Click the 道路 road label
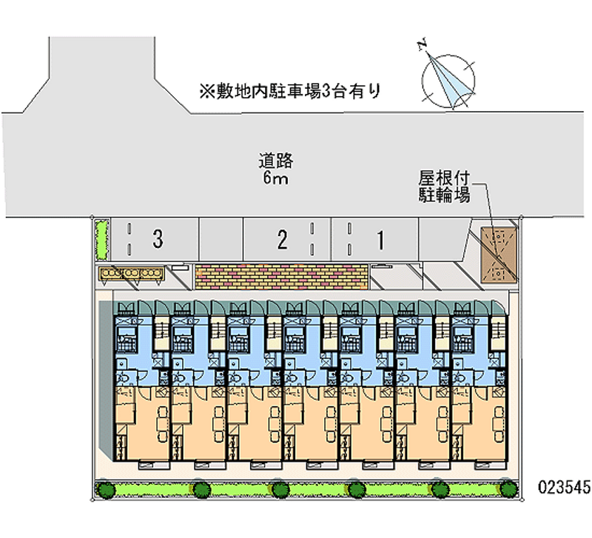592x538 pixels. click(276, 161)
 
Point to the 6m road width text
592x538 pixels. click(275, 178)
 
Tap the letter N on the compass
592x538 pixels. click(423, 44)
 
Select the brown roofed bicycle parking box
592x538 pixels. click(498, 255)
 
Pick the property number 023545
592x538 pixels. click(564, 487)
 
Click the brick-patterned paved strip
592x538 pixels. click(282, 277)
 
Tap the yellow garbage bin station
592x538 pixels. click(132, 273)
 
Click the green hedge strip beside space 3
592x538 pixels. click(101, 239)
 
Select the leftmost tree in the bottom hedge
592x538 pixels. click(106, 490)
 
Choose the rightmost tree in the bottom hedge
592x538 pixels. click(508, 488)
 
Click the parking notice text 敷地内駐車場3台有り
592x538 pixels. click(290, 91)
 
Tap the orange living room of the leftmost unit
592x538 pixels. click(142, 423)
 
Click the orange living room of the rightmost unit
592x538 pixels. click(479, 423)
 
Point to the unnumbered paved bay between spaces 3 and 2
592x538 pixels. click(221, 239)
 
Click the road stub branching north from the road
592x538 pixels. click(102, 75)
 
